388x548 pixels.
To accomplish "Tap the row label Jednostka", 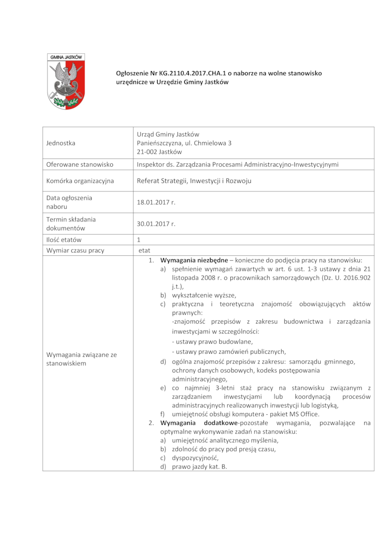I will (x=61, y=143).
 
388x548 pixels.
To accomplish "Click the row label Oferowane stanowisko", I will (x=80, y=164).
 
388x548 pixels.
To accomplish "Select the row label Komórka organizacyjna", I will (x=80, y=181).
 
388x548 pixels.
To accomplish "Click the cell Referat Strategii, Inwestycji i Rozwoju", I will (x=194, y=181).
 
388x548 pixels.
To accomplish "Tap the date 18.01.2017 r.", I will (x=156, y=202).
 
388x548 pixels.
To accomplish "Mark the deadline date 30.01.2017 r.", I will (x=156, y=224).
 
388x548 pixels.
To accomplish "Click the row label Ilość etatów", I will (x=64, y=240).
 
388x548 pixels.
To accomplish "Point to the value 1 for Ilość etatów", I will (x=139, y=240).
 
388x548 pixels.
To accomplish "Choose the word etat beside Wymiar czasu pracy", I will (x=145, y=251).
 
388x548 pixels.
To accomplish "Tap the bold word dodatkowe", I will (x=218, y=423).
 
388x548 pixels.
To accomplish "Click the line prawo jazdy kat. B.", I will (x=199, y=467).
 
